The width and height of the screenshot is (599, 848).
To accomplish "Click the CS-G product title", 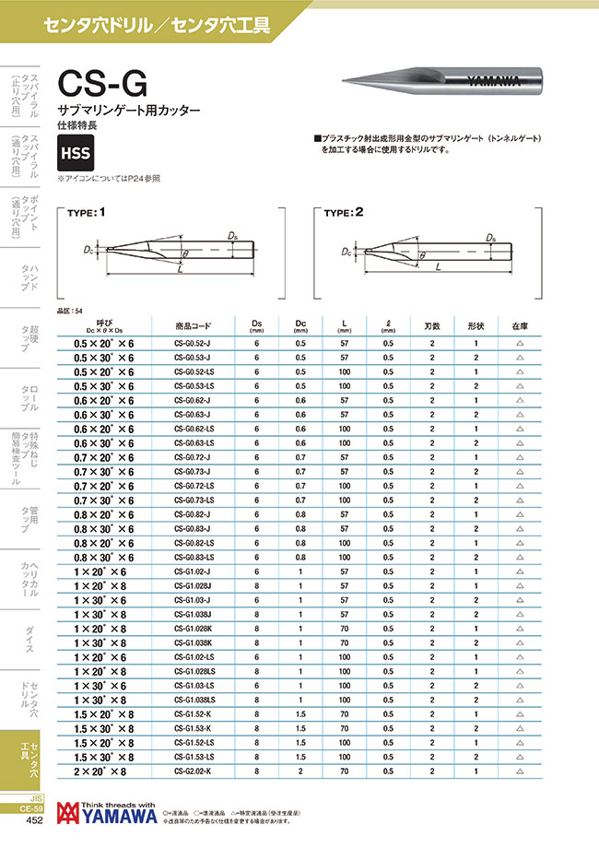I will (101, 85).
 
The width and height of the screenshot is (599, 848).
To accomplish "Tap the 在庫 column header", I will (519, 325).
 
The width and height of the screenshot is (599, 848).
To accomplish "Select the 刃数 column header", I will (432, 325).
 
